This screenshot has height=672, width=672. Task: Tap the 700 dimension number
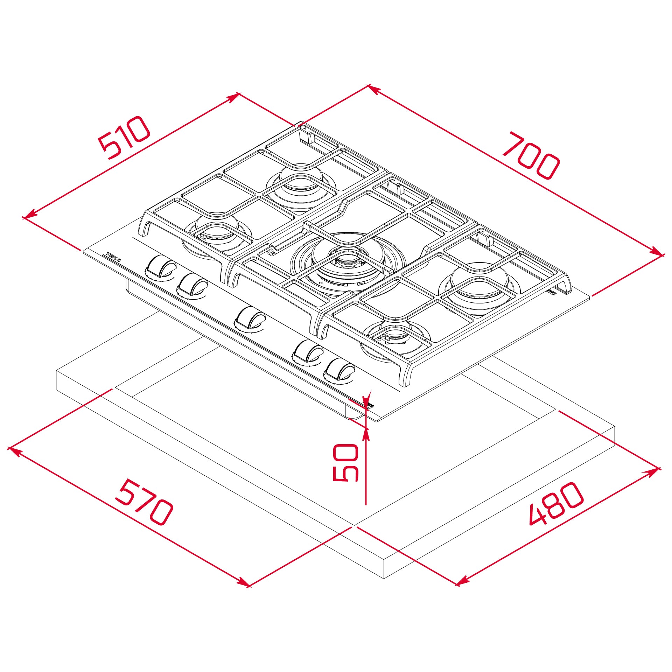coord(531,155)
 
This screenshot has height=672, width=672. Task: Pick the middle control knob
coord(250,317)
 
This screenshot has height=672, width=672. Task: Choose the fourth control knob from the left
coord(308,352)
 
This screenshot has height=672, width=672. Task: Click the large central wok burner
coord(348,261)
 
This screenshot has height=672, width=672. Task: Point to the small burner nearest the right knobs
coord(395,336)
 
